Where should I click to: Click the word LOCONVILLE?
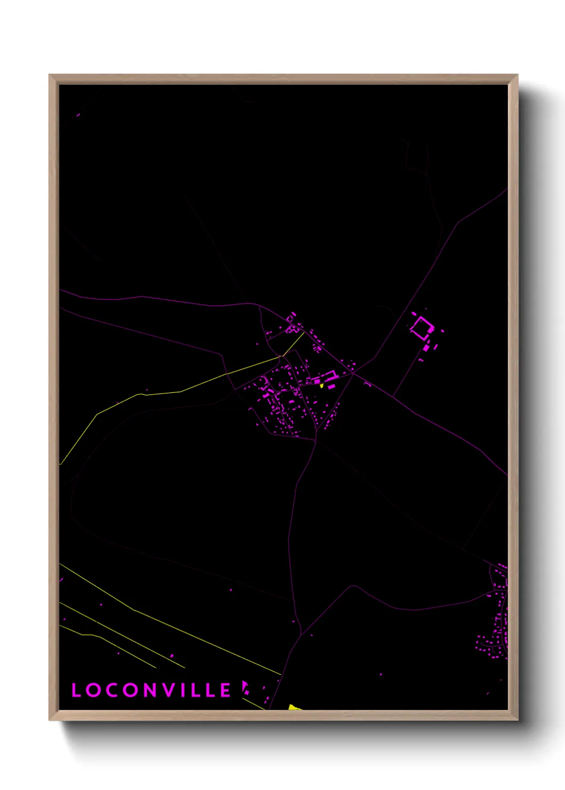click(x=151, y=690)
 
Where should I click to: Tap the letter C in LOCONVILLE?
click(x=110, y=690)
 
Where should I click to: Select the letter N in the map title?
click(x=151, y=690)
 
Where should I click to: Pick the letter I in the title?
click(x=185, y=690)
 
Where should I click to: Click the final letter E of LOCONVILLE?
click(x=226, y=690)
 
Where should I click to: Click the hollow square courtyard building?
click(x=421, y=327)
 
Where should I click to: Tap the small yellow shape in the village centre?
click(x=322, y=385)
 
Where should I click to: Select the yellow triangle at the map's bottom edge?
click(x=294, y=707)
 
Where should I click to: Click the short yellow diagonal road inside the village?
click(x=293, y=344)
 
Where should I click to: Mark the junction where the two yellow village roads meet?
click(x=281, y=357)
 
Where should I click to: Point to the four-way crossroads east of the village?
click(x=353, y=374)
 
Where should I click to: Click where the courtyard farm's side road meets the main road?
click(x=394, y=396)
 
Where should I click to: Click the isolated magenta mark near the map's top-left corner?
click(x=78, y=115)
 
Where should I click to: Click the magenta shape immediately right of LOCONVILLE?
click(x=245, y=687)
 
